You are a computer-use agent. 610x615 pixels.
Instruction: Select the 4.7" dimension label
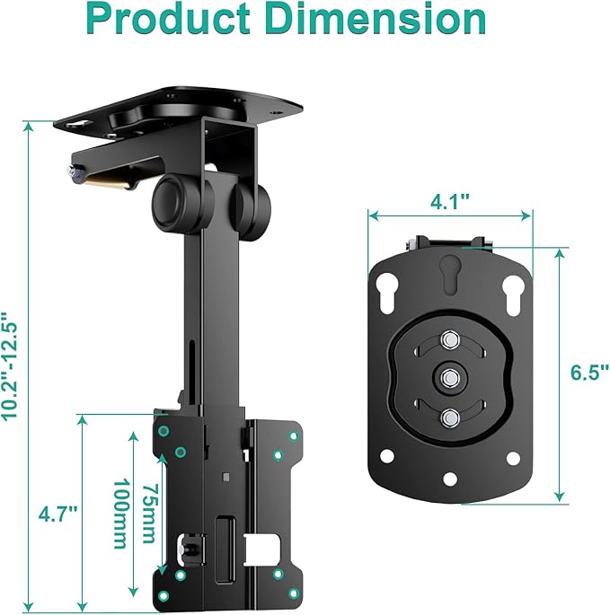click(x=57, y=514)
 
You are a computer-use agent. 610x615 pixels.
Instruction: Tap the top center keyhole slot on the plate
click(x=448, y=270)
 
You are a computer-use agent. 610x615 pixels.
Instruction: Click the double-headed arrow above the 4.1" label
click(x=449, y=215)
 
